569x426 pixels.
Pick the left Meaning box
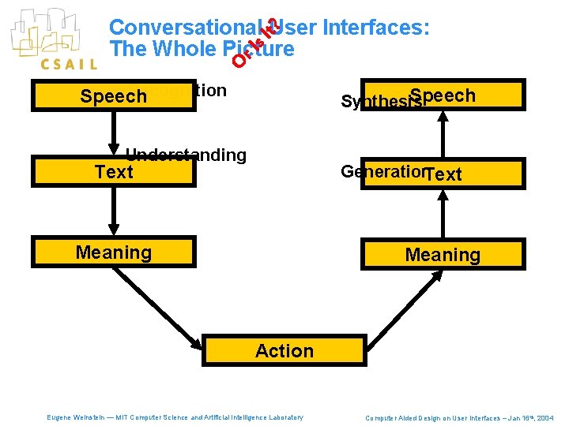113,252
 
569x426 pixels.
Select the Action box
284,351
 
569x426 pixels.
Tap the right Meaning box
442,255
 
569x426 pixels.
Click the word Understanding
187,155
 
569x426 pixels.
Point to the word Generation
382,171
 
